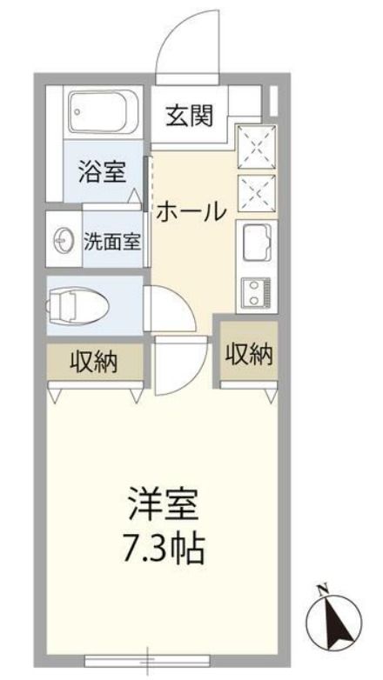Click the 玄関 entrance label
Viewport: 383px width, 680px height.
coord(190,115)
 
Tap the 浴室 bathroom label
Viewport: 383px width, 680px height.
coord(101,171)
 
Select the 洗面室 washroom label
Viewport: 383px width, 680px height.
coord(111,241)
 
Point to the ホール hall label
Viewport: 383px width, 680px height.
coord(192,210)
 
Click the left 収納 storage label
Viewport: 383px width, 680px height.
coord(94,359)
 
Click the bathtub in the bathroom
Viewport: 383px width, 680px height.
coord(104,111)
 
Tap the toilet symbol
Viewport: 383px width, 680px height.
coord(78,303)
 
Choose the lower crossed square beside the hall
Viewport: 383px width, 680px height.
coord(255,191)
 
